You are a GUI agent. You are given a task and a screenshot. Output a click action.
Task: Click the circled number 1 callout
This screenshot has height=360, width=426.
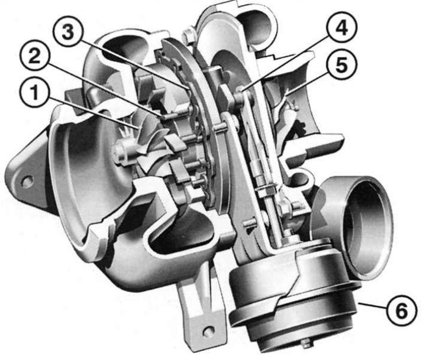(x=34, y=93)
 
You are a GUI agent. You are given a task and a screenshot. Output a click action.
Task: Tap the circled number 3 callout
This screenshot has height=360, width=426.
(x=67, y=33)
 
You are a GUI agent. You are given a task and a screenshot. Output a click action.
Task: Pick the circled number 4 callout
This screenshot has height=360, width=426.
(x=343, y=27)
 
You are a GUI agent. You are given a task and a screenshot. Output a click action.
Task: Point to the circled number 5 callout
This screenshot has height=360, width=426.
(x=342, y=65)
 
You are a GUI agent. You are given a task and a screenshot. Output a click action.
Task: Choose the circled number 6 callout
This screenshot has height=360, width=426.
(x=402, y=311)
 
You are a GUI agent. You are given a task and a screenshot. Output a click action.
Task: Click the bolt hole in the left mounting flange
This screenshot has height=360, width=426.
(x=27, y=180)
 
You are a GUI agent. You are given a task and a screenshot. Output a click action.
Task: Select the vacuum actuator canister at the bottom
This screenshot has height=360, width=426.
(x=293, y=293)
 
